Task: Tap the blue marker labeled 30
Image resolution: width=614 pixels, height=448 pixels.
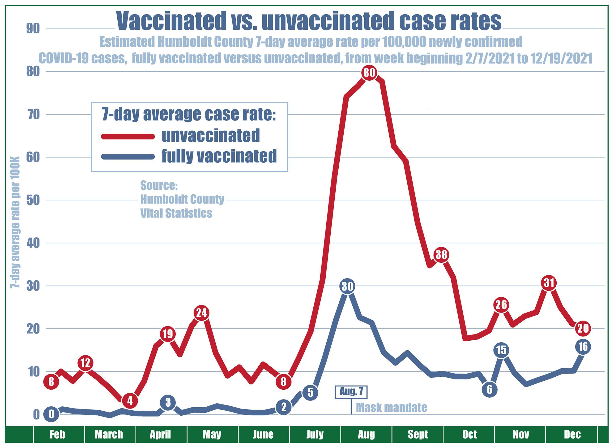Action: pos(347,286)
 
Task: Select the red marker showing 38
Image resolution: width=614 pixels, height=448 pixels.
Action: pos(441,255)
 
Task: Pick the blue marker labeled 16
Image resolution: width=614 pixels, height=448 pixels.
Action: pos(583,347)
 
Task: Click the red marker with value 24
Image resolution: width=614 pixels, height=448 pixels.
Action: pos(201,313)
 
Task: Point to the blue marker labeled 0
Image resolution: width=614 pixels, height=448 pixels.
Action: pos(51,414)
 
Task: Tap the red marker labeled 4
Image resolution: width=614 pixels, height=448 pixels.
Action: pos(130,400)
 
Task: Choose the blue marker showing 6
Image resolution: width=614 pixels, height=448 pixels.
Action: pos(489,390)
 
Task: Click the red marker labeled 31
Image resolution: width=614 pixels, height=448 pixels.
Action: pos(549,283)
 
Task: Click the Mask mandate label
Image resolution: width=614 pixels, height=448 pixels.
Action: pos(391,407)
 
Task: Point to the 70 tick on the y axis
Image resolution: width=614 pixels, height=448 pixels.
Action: pos(33,115)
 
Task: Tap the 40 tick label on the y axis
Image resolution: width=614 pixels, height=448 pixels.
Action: pos(33,243)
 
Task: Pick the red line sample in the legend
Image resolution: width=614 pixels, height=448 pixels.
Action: pos(128,136)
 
